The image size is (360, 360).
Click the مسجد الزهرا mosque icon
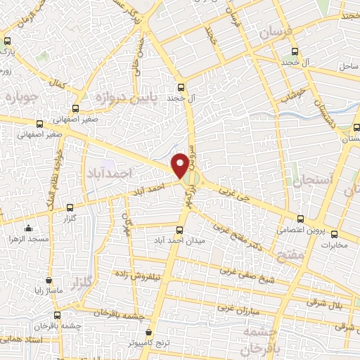pyautogui.click(x=28, y=228)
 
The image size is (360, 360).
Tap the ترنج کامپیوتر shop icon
pyautogui.click(x=149, y=332)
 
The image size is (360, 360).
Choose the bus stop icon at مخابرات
pyautogui.click(x=334, y=234)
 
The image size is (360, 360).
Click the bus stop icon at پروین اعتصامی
pyautogui.click(x=301, y=219)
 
